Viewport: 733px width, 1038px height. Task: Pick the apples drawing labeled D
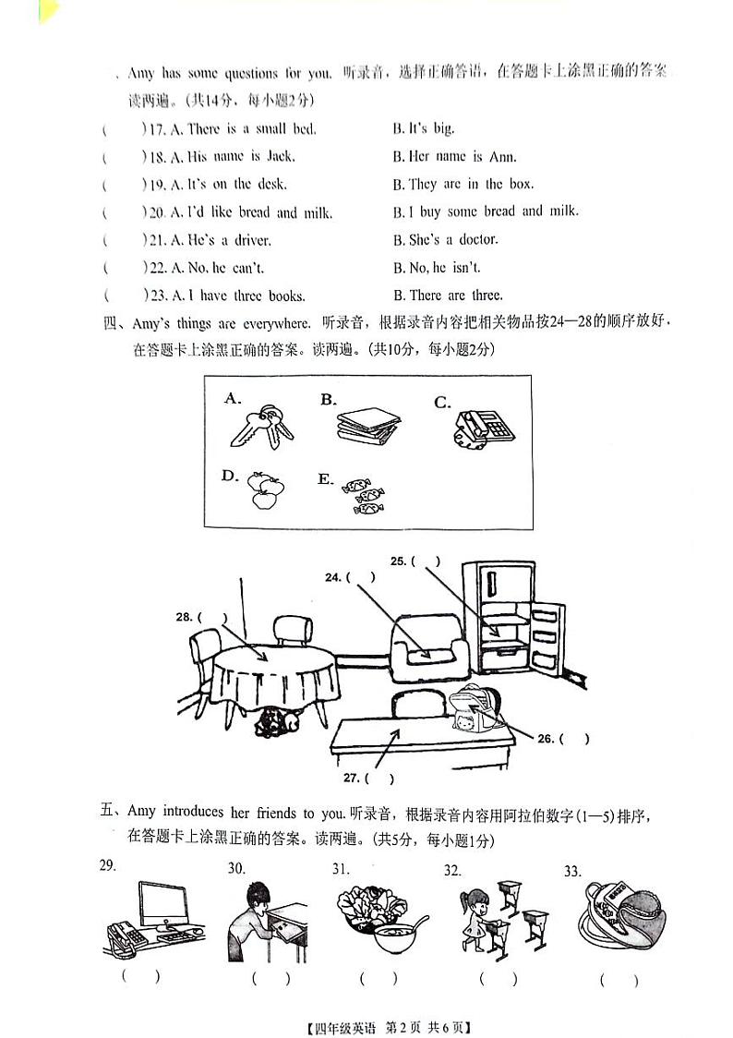click(267, 490)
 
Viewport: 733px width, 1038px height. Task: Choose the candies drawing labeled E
click(361, 495)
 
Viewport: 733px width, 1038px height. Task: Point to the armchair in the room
click(429, 646)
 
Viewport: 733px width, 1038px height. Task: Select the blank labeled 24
click(363, 578)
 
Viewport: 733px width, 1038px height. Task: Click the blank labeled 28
click(212, 617)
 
